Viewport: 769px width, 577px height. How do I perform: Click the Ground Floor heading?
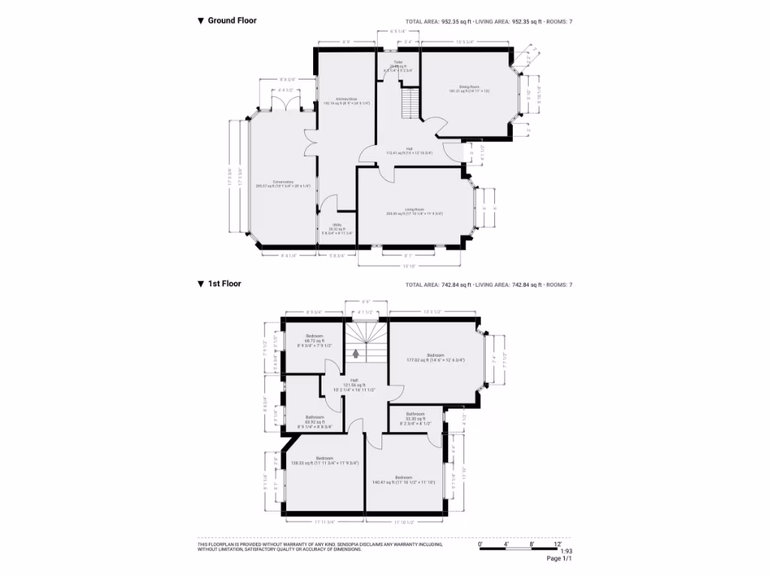231,20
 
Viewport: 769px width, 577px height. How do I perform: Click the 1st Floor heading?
224,284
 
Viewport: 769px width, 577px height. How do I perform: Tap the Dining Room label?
459,87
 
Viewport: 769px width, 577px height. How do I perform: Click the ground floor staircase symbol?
409,103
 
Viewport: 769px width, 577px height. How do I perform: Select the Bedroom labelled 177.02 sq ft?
436,355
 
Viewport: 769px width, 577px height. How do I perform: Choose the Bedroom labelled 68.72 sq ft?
314,336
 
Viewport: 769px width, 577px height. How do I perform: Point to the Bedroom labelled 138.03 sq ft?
324,458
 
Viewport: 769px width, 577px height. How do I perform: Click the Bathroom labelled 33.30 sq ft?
415,414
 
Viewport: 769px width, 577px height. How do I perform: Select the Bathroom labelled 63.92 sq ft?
315,417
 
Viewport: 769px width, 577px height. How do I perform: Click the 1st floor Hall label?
354,380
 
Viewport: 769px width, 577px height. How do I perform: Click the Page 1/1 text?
559,558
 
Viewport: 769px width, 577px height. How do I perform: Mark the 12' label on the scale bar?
557,542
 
